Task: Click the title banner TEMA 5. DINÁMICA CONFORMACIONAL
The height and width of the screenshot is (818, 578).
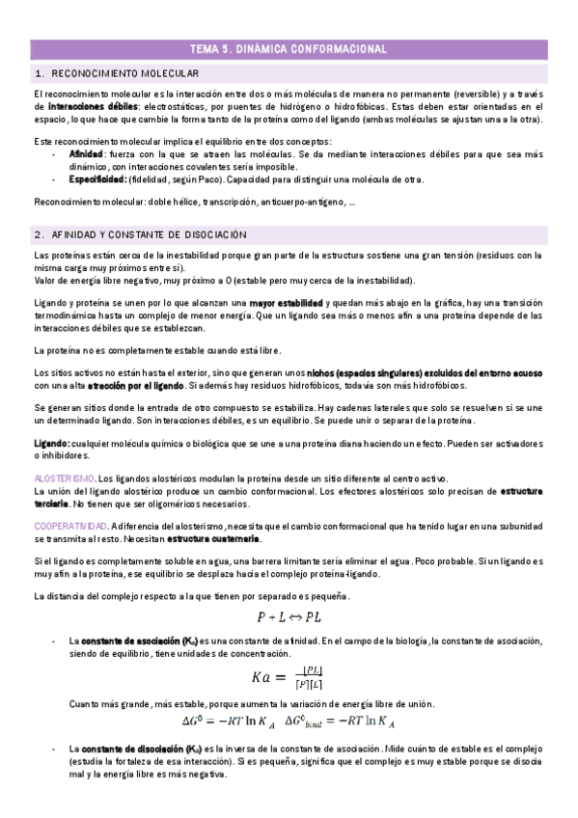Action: pyautogui.click(x=289, y=48)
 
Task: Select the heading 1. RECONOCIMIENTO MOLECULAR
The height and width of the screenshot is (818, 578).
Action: pyautogui.click(x=96, y=73)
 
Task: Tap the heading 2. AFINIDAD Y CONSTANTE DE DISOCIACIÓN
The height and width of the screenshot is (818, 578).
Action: pyautogui.click(x=142, y=234)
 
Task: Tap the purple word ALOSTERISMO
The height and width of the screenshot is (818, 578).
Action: pyautogui.click(x=64, y=478)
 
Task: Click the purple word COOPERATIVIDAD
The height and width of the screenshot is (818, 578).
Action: pyautogui.click(x=70, y=526)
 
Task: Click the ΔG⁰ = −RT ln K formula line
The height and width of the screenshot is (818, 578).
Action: pyautogui.click(x=289, y=720)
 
